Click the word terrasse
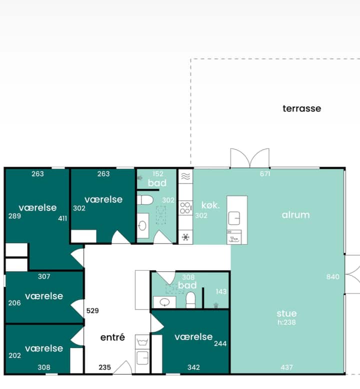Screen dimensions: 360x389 (x=301, y=108)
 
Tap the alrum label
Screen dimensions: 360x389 (x=295, y=215)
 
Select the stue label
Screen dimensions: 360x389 (x=286, y=313)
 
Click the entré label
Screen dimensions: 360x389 (x=112, y=337)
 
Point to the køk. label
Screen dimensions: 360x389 (x=210, y=205)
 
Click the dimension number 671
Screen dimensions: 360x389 (x=265, y=173)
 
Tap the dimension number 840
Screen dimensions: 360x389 (x=332, y=276)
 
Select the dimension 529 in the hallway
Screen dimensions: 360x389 (x=92, y=310)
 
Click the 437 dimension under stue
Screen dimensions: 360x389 (x=286, y=367)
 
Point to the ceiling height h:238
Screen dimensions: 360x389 (x=286, y=322)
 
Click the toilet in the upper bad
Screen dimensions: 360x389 (x=145, y=200)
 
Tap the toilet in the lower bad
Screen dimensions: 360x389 (x=190, y=300)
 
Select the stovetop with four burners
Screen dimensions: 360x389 (x=185, y=208)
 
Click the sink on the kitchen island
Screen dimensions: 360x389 (x=234, y=218)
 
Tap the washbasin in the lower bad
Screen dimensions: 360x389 (x=164, y=302)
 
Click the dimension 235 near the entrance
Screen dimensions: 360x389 (x=104, y=367)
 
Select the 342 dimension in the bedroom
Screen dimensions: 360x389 (x=193, y=367)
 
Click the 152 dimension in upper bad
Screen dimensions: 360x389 (x=158, y=173)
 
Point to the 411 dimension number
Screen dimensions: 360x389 (x=62, y=218)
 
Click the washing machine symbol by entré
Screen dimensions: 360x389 (x=142, y=342)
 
